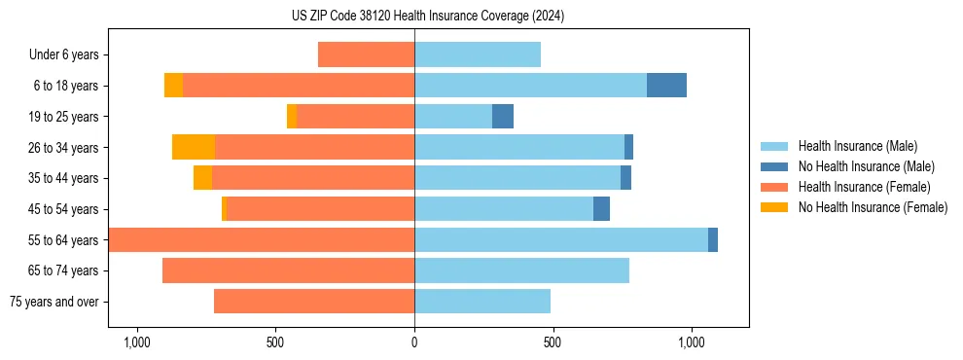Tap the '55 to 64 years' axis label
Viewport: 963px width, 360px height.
point(63,240)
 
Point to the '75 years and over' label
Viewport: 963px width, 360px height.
point(54,302)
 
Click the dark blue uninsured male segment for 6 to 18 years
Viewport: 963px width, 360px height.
point(666,86)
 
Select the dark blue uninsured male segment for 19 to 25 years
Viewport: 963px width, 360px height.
point(503,117)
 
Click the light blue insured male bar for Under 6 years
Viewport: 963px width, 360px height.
point(478,54)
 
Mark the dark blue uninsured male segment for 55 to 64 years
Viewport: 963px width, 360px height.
point(713,240)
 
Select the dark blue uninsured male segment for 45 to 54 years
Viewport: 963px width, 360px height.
point(601,209)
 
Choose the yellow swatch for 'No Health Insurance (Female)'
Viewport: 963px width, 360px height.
point(775,207)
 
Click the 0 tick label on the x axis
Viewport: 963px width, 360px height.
point(414,342)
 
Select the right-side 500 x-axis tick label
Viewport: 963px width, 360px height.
point(553,342)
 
